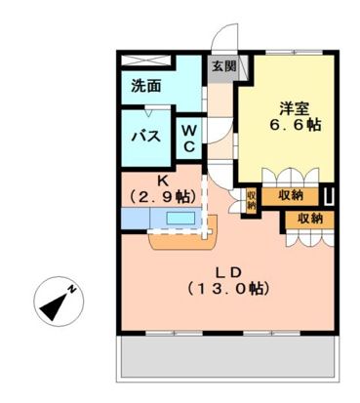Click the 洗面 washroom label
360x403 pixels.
click(x=146, y=86)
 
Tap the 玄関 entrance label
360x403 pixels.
click(x=222, y=67)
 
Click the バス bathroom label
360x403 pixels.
click(x=145, y=136)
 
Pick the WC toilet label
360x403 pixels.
click(x=188, y=138)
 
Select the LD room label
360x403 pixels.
click(x=226, y=270)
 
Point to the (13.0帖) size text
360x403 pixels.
click(x=226, y=289)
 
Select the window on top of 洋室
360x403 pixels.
click(x=293, y=49)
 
